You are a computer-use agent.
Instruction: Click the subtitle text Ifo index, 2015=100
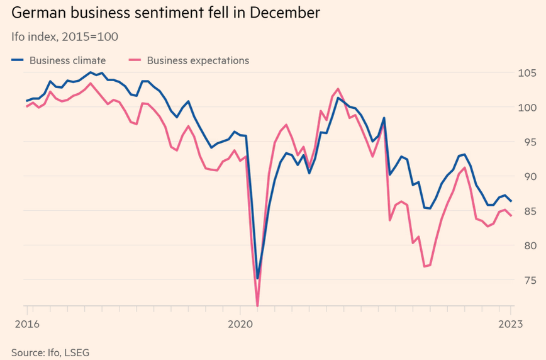(64, 37)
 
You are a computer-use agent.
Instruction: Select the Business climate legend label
(67, 60)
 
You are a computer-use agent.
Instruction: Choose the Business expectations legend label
(198, 60)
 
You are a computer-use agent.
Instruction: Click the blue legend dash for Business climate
(18, 60)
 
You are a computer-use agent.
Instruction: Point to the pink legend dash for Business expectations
(133, 60)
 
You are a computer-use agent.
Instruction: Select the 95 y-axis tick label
(526, 142)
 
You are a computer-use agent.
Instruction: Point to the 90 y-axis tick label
(526, 177)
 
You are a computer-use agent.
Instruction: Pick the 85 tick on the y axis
(526, 211)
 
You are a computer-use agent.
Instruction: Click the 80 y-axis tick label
(526, 245)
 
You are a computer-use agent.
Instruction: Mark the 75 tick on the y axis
(526, 280)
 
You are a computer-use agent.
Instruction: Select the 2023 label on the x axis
(510, 324)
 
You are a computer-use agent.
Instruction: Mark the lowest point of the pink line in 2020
(258, 306)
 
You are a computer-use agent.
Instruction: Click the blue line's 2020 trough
(258, 278)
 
